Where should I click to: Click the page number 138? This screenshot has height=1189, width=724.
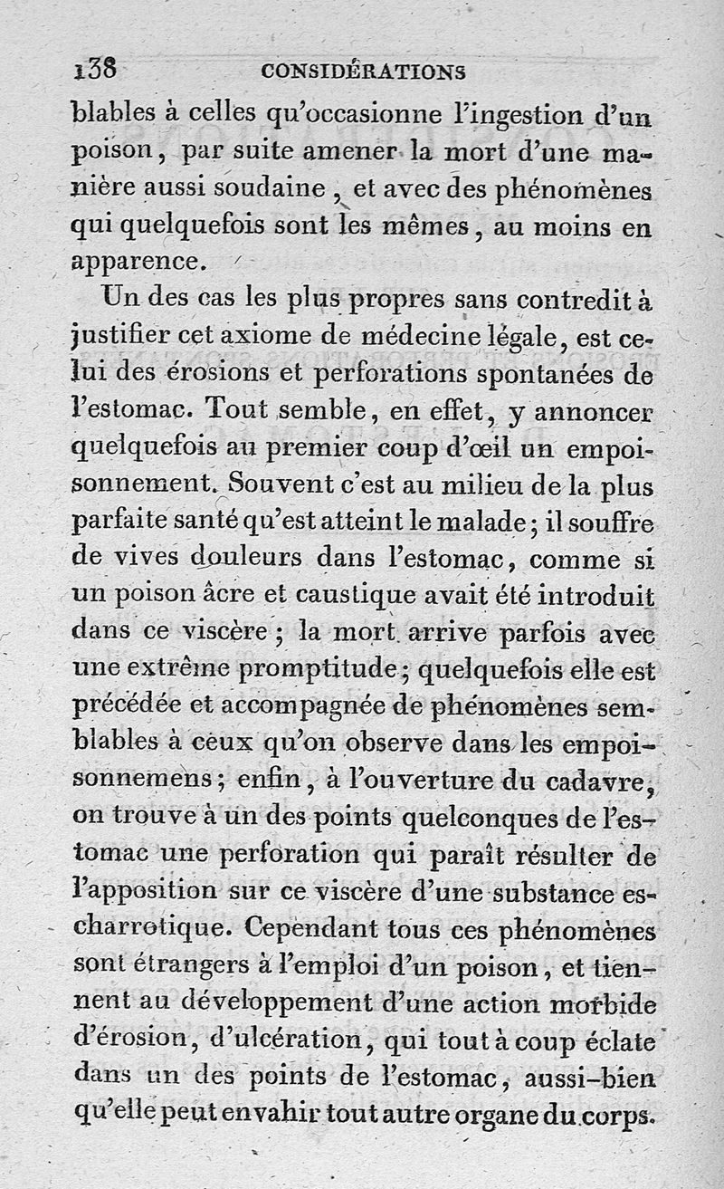[95, 69]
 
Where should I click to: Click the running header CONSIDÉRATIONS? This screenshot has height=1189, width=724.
[362, 71]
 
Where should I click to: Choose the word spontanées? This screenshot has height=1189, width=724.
[533, 374]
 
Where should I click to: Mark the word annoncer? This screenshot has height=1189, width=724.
[593, 413]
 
